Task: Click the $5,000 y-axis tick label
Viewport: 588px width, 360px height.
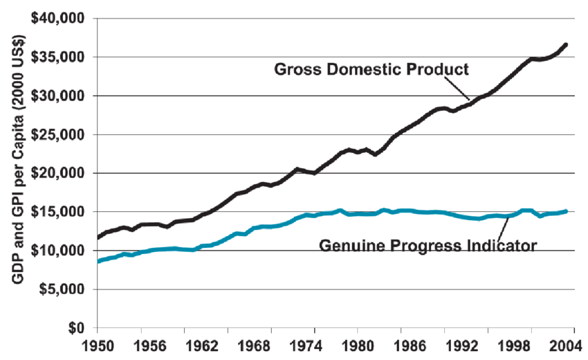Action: coord(64,289)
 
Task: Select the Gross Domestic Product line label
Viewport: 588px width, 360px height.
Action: coord(371,69)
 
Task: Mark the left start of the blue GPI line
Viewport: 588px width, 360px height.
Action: coord(98,261)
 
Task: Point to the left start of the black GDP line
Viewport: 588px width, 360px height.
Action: coord(98,237)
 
